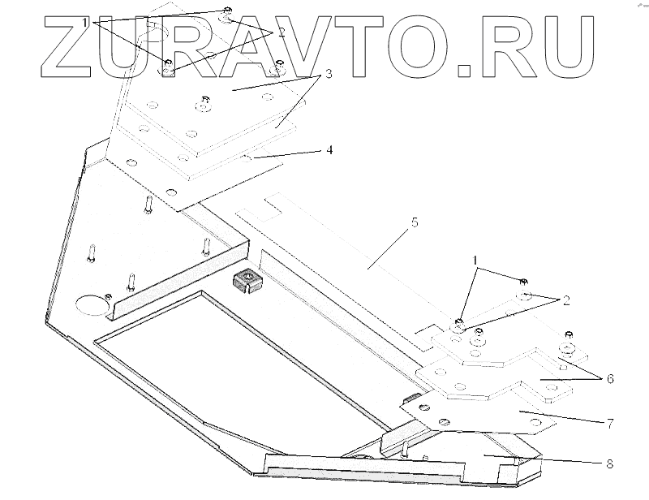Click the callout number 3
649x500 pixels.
(x=329, y=74)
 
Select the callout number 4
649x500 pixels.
(x=329, y=150)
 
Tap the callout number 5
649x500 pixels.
(x=415, y=222)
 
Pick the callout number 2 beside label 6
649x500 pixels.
(x=565, y=300)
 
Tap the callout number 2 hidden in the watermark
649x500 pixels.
(x=282, y=32)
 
